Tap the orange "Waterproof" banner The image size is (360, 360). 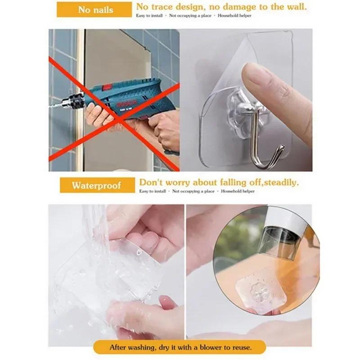(97, 185)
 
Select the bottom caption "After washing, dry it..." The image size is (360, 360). (180, 347)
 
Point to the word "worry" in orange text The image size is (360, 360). (180, 182)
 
